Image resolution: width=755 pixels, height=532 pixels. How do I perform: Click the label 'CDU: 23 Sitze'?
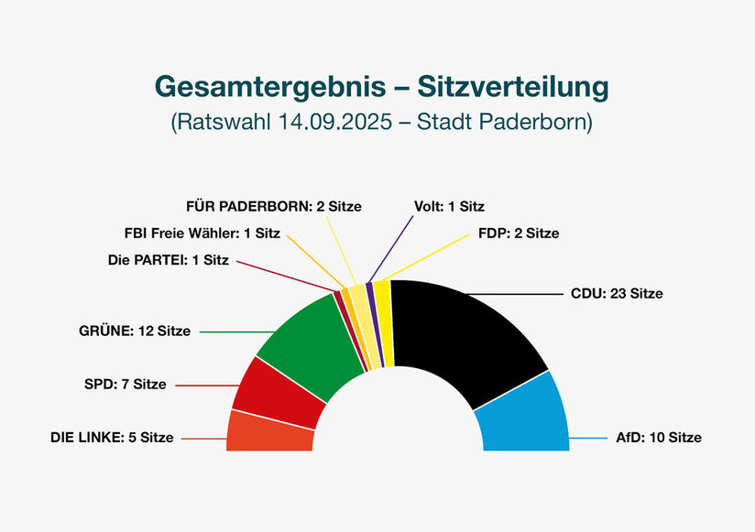617,294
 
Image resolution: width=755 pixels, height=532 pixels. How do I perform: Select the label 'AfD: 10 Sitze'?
658,438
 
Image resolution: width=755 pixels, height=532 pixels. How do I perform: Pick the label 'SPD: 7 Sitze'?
125,384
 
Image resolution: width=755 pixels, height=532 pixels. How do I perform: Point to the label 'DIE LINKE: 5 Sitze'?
111,438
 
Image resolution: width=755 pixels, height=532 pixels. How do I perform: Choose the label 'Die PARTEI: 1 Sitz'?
168,259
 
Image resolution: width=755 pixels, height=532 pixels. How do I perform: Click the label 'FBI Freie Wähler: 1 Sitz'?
202,233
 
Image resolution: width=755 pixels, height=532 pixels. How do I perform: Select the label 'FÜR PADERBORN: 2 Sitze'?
273,206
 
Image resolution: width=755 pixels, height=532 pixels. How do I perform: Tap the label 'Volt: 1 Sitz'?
450,206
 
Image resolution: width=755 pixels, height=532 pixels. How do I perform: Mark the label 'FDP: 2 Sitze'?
519,233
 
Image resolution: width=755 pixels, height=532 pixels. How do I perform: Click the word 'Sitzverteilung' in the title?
513,86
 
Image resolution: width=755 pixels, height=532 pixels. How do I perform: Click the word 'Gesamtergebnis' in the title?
268,86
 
